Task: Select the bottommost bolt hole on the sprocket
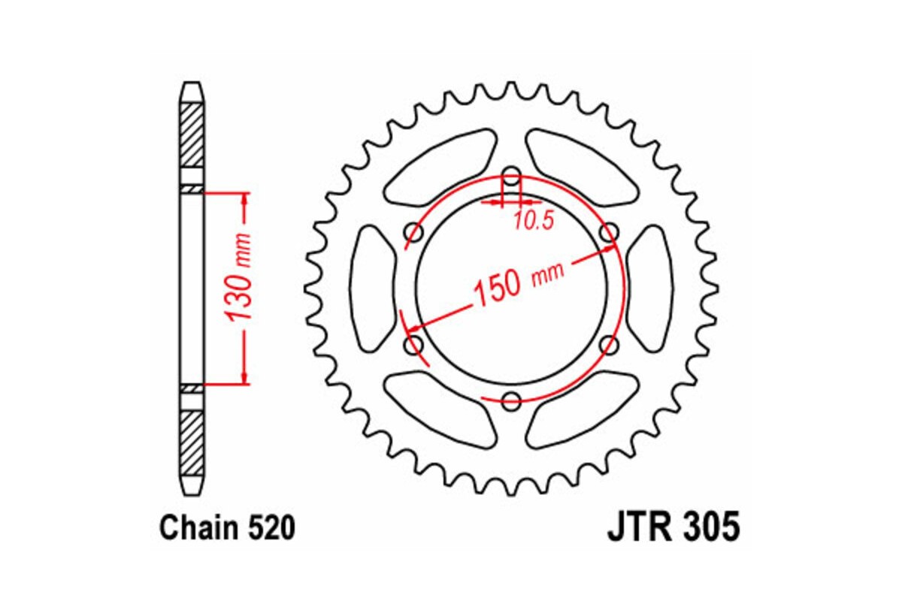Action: pyautogui.click(x=512, y=400)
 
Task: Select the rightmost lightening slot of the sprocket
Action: pyautogui.click(x=649, y=288)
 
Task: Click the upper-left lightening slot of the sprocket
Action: pyautogui.click(x=440, y=169)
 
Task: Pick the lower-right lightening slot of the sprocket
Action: pyautogui.click(x=583, y=409)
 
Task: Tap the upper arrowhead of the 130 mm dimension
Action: pyautogui.click(x=244, y=201)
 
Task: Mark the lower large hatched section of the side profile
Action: pyautogui.click(x=192, y=443)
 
